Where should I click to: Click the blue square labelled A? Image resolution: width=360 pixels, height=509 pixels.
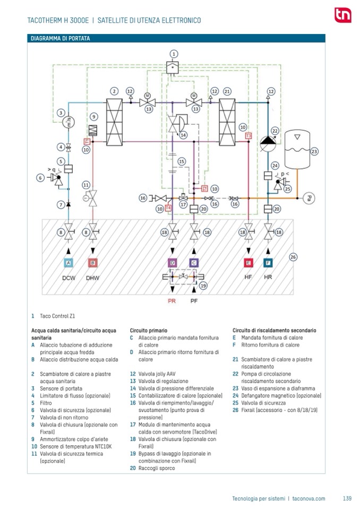(x=68, y=263)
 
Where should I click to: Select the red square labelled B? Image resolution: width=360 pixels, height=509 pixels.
(x=93, y=263)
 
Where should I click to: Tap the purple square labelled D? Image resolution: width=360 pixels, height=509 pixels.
(x=172, y=263)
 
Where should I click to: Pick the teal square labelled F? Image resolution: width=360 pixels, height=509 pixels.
(x=268, y=263)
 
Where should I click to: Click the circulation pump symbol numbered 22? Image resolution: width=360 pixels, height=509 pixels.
(x=268, y=141)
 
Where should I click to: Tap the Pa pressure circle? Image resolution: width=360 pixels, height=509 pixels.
(x=310, y=199)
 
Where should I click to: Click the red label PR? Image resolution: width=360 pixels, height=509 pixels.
(x=172, y=300)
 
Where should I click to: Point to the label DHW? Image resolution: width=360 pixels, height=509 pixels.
(x=93, y=278)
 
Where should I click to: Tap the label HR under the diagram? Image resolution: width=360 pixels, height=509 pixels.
(x=268, y=278)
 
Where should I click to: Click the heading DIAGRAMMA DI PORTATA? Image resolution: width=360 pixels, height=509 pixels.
(x=60, y=38)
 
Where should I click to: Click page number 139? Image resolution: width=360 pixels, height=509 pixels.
(x=347, y=498)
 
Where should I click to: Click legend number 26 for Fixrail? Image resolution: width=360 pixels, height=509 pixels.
(x=235, y=410)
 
